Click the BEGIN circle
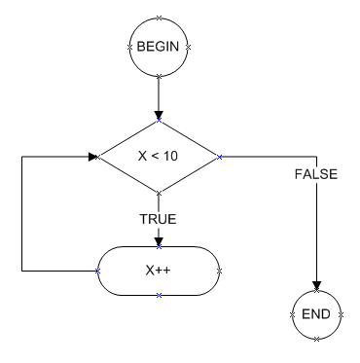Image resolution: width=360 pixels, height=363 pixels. [x=158, y=47]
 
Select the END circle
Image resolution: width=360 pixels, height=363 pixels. [x=319, y=314]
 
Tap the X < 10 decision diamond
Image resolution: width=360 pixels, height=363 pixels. [x=158, y=156]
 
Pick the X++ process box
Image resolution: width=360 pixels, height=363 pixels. [x=158, y=269]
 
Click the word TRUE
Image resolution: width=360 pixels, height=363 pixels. [x=158, y=219]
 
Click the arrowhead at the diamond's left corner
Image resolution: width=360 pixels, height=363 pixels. [x=93, y=156]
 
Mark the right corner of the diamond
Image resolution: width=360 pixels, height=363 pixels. [x=221, y=156]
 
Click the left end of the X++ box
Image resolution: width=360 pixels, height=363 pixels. [x=97, y=269]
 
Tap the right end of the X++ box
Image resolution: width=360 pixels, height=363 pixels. [x=220, y=269]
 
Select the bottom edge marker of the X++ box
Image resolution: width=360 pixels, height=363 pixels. [x=158, y=294]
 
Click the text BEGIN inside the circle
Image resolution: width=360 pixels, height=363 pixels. [x=158, y=47]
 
